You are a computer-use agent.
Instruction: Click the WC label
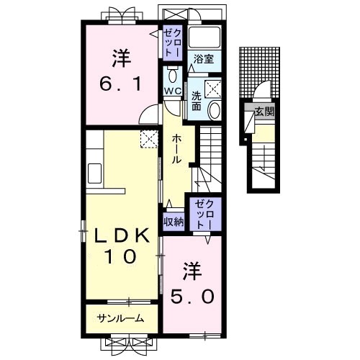click(173, 91)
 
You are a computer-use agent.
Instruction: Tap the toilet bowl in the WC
click(172, 76)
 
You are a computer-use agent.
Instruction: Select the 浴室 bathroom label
click(204, 59)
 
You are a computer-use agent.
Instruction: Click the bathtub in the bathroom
click(204, 37)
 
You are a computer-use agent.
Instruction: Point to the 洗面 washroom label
click(197, 102)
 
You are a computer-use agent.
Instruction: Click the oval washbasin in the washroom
click(214, 110)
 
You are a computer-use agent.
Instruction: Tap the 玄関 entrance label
click(264, 112)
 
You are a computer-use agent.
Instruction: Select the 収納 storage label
click(174, 222)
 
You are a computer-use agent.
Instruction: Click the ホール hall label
click(176, 149)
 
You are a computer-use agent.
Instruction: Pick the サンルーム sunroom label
click(120, 318)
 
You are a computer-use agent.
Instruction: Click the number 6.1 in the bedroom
click(121, 84)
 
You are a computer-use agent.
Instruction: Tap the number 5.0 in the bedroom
click(192, 297)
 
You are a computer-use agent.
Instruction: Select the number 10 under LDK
click(120, 256)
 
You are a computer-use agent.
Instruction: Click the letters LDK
click(121, 235)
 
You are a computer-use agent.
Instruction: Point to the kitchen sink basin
click(94, 174)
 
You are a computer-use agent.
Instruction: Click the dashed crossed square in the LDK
click(149, 139)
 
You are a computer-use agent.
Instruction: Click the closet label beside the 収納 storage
click(204, 214)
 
